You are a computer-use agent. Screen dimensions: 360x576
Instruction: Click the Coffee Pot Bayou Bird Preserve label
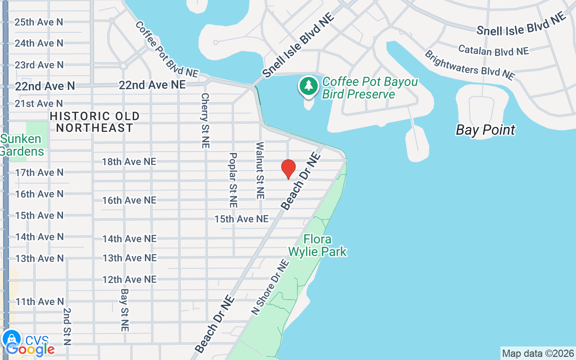point(370,88)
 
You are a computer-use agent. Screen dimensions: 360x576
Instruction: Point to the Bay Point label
point(485,130)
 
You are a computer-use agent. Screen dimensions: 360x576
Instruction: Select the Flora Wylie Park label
point(318,245)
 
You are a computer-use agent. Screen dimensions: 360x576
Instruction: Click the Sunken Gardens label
point(22,145)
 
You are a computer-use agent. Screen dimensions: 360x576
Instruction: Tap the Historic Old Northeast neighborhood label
point(94,122)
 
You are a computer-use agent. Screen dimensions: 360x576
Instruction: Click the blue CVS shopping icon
point(11,338)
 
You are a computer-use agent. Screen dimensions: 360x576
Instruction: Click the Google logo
point(31,349)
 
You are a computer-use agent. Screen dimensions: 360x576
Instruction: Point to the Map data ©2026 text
point(538,353)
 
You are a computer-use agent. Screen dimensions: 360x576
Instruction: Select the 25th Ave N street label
point(39,22)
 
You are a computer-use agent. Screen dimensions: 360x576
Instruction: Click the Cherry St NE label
point(206,121)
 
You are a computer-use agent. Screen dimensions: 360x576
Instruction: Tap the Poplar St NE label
point(233,180)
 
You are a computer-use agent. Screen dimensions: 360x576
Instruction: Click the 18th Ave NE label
point(129,162)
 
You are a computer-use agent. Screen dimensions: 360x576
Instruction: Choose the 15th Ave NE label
point(241,219)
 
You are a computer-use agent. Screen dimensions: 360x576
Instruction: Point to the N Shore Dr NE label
point(269,286)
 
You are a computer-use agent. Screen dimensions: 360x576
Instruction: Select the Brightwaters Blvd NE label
point(469,65)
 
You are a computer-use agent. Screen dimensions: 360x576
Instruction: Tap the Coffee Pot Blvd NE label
point(166,49)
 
